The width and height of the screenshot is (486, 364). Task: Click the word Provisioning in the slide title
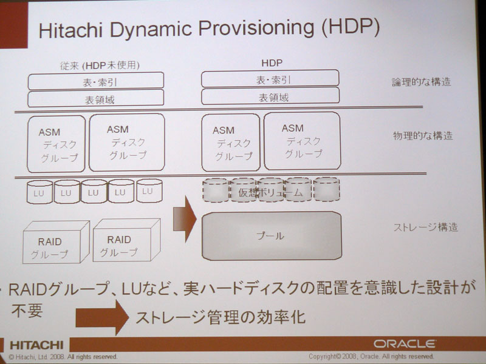coord(256,29)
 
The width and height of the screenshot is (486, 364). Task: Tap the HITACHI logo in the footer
coord(36,345)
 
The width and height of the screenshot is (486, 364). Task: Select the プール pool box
coord(272,236)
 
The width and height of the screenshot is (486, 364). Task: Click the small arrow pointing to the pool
coord(185,219)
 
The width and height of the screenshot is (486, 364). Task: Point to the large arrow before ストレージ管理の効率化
coord(102,317)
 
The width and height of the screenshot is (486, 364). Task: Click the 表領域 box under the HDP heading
coord(270,96)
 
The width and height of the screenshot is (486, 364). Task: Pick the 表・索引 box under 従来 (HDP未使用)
coord(96,81)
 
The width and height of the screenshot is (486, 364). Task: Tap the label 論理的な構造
coord(421,82)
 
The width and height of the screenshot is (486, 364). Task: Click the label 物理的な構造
coord(423,135)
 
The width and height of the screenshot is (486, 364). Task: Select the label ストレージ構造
coord(426,227)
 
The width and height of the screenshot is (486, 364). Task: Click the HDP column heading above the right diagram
coord(272,63)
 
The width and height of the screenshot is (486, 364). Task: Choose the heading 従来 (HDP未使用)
coord(100,66)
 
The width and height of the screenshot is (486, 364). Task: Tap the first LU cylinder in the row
coord(39,192)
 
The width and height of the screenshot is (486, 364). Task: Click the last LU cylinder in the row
coord(149,190)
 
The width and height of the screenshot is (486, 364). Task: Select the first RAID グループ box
coord(56,242)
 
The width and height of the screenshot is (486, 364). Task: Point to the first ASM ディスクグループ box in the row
coord(56,144)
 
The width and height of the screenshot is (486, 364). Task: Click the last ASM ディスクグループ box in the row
coord(302,141)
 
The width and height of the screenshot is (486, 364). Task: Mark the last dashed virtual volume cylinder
coord(327,189)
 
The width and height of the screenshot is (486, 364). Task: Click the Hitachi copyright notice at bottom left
coord(63,357)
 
